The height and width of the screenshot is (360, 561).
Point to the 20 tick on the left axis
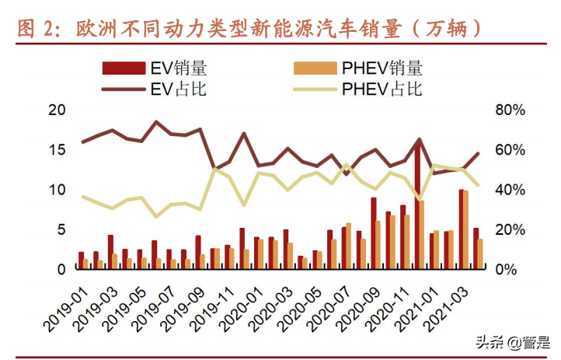(56, 110)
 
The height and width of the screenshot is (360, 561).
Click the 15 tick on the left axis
(56, 149)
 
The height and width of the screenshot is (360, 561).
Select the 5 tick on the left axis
(60, 229)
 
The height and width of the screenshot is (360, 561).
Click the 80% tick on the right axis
(510, 110)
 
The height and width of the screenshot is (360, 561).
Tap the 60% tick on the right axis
(510, 149)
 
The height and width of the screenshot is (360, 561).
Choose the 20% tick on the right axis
(510, 229)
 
